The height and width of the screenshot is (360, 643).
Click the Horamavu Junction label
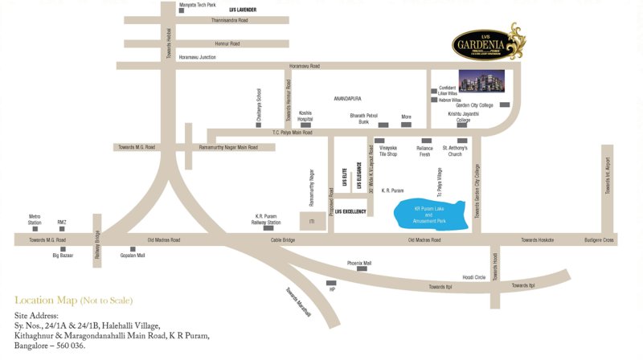pos(197,57)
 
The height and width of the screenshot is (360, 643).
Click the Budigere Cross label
pos(597,239)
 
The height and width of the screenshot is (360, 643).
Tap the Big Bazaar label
pos(63,255)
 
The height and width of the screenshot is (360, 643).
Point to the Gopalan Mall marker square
pos(133,248)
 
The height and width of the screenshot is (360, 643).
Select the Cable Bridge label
pos(283,239)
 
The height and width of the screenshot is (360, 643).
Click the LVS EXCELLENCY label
pos(350,211)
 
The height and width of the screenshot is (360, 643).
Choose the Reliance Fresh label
pos(424,151)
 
